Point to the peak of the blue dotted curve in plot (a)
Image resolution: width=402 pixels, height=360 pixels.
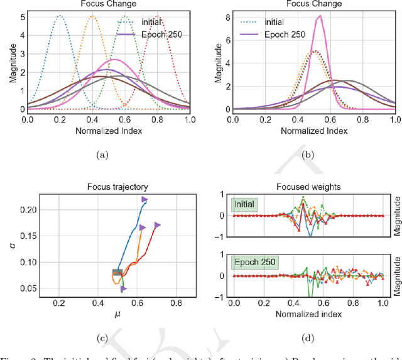[x=60, y=17]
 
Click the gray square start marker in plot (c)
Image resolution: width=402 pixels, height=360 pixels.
[x=117, y=272]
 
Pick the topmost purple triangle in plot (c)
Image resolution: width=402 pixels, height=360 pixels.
[x=144, y=200]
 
